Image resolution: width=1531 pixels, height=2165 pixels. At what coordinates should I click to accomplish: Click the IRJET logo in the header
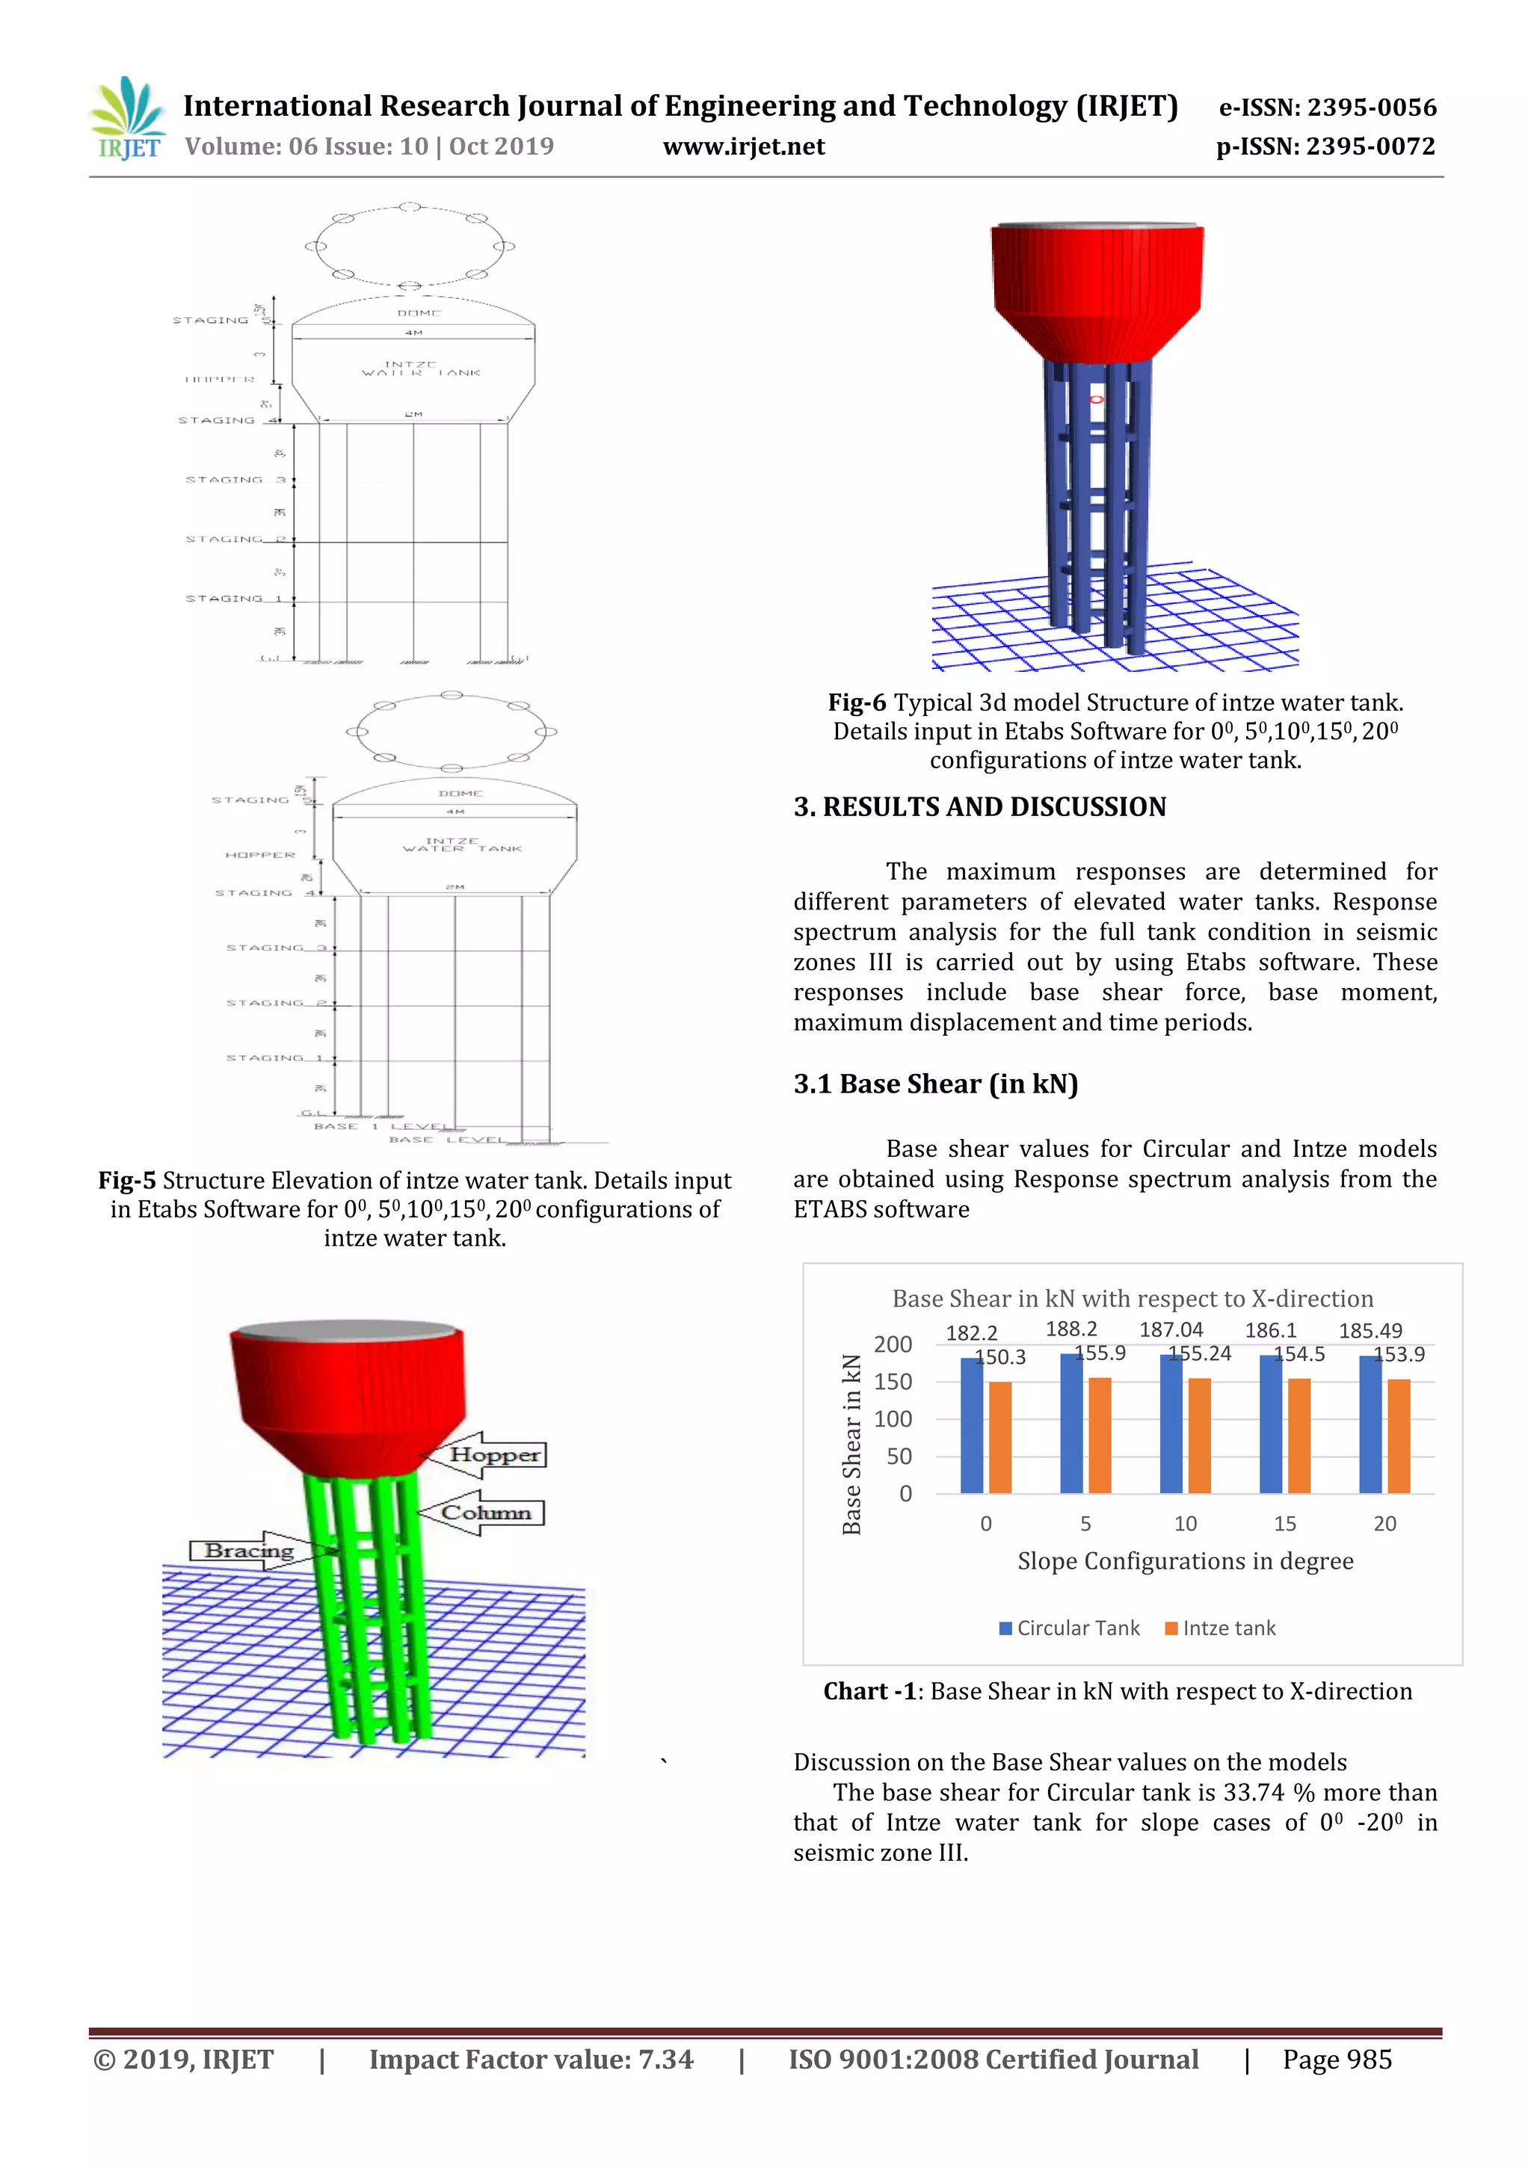click(126, 119)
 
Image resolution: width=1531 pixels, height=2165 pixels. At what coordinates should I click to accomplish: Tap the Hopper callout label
click(494, 1454)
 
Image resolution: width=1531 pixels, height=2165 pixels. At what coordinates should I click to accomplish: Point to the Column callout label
click(486, 1513)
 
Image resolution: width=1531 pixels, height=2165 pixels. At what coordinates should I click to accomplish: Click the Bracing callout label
click(249, 1550)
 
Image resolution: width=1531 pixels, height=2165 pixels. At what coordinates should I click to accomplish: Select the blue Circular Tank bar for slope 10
click(1171, 1424)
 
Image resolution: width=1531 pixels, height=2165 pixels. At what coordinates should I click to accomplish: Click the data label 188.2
click(1071, 1329)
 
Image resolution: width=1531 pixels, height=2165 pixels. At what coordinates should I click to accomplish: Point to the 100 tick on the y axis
click(893, 1419)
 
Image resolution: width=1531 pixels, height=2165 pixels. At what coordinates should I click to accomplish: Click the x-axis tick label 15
click(1285, 1524)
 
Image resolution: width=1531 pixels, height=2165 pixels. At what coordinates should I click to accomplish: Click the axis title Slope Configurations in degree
click(1185, 1561)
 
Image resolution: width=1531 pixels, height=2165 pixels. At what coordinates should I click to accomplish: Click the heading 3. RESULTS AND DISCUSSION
click(979, 807)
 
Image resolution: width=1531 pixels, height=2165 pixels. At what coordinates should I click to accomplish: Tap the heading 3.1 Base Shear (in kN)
click(935, 1084)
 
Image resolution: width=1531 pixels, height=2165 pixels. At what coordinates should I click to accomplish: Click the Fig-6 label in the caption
click(857, 702)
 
